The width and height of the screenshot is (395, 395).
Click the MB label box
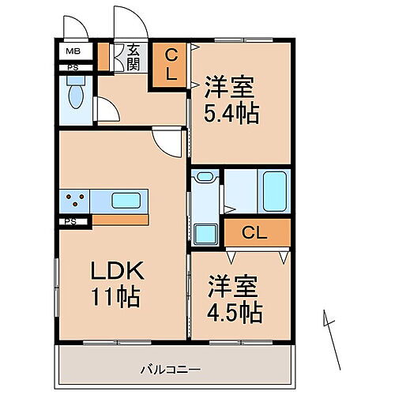72,53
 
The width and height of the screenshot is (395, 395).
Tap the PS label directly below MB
72,68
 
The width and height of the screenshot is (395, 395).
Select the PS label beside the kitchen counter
72,222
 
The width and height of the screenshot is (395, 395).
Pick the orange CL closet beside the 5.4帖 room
170,65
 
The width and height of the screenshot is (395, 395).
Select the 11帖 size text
116,298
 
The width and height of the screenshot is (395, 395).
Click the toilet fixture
76,96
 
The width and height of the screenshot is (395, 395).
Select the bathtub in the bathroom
273,190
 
